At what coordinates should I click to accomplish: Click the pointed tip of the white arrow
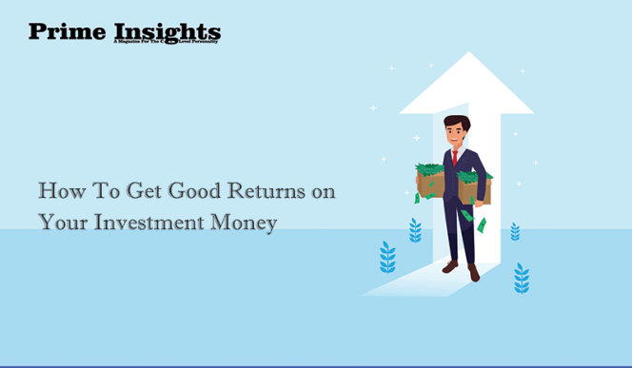point(466,55)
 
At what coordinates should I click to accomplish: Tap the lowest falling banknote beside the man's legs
point(483,225)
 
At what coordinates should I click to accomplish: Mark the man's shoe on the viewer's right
point(473,273)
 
